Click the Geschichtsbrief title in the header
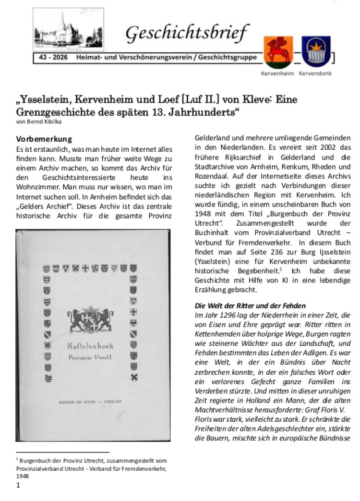[x=187, y=33]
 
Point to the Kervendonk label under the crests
[x=315, y=73]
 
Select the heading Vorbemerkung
[x=44, y=139]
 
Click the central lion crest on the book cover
[x=91, y=319]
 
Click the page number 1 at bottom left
[x=18, y=485]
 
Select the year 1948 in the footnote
[x=22, y=477]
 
